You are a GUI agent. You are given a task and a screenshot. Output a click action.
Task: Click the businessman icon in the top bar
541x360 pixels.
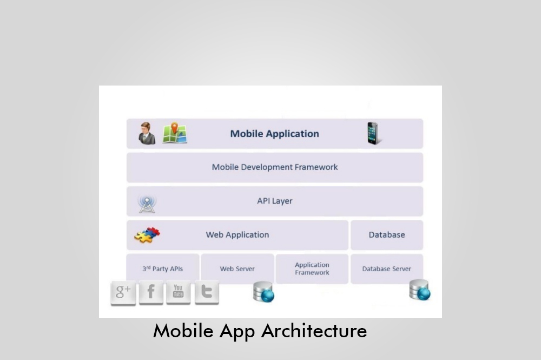click(147, 134)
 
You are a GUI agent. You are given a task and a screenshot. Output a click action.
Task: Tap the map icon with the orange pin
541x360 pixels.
click(175, 133)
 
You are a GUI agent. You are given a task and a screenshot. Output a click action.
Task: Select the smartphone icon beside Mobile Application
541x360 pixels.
click(372, 134)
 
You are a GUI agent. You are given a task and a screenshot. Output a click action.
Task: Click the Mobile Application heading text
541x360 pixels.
click(274, 134)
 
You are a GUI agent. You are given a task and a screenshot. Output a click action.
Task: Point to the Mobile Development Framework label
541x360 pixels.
click(274, 167)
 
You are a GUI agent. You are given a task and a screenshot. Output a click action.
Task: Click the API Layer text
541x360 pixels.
click(274, 201)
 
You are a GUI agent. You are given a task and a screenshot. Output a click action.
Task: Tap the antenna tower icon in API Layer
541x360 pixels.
click(147, 204)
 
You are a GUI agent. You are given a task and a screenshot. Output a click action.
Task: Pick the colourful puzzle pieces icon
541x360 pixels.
click(147, 235)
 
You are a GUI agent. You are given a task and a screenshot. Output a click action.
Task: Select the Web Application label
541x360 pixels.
click(237, 235)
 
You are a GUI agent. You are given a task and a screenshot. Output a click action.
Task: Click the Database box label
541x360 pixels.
click(386, 235)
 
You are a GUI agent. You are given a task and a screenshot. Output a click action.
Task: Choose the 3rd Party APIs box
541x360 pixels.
click(162, 269)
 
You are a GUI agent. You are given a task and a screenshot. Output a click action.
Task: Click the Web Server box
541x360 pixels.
click(237, 269)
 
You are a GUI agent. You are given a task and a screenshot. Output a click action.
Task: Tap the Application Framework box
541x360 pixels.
click(312, 269)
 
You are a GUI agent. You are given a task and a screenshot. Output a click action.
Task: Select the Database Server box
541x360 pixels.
click(386, 269)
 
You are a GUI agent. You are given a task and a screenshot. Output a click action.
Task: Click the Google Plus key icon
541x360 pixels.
click(123, 293)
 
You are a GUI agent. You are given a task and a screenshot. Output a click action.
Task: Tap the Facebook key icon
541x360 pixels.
click(151, 293)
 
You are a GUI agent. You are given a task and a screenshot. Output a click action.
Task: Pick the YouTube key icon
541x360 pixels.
click(178, 292)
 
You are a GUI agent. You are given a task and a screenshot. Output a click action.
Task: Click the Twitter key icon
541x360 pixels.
click(206, 292)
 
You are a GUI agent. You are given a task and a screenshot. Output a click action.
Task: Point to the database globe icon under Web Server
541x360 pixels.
click(263, 292)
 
